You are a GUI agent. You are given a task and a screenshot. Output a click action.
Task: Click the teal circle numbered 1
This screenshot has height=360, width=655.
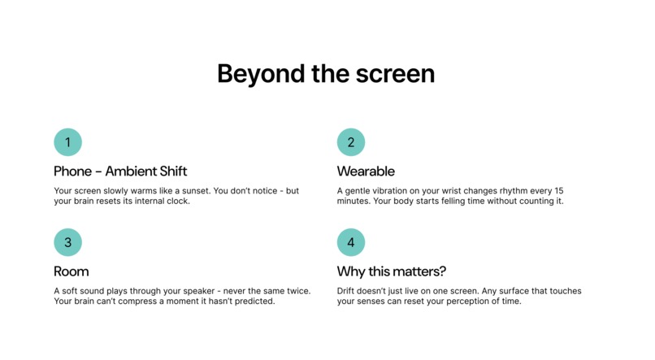click(x=67, y=142)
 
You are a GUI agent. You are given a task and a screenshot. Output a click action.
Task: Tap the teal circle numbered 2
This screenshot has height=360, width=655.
click(x=351, y=142)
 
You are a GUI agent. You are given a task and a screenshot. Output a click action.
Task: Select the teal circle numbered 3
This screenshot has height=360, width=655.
click(x=67, y=242)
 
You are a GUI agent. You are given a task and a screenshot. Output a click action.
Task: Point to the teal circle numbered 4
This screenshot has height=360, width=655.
click(x=351, y=242)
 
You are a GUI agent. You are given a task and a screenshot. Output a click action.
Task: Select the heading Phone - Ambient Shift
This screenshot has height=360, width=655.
click(x=120, y=171)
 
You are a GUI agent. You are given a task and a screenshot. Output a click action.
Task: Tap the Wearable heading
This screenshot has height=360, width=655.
click(x=366, y=171)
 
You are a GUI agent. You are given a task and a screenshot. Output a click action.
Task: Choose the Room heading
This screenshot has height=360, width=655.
click(x=71, y=271)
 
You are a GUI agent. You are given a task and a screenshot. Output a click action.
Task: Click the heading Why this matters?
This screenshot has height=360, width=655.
click(x=392, y=271)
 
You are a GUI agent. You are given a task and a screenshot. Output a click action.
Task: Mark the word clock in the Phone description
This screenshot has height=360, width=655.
click(x=176, y=202)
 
